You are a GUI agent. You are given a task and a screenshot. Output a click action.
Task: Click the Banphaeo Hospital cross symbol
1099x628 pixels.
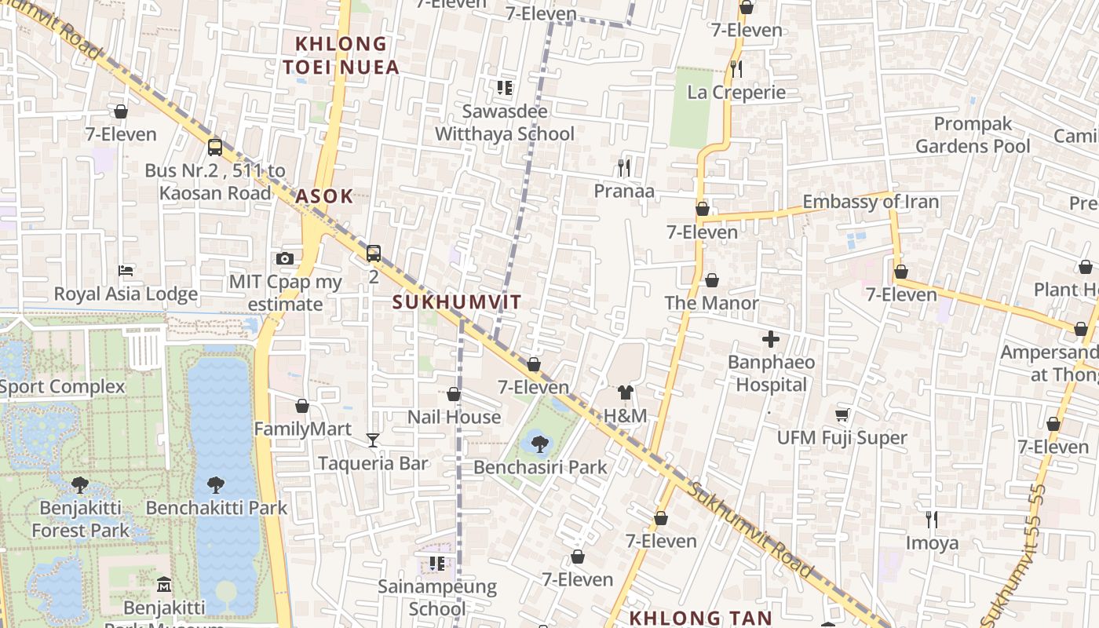tap(771, 339)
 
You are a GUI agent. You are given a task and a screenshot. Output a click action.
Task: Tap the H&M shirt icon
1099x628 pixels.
tap(625, 392)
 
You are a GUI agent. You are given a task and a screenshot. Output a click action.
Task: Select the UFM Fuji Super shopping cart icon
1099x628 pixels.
tap(842, 414)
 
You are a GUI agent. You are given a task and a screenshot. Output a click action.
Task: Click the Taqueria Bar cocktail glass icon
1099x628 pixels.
tap(373, 440)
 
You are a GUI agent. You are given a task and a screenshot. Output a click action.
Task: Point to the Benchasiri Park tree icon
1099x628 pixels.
tap(539, 444)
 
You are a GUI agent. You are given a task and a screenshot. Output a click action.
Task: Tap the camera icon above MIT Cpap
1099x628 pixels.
tap(285, 258)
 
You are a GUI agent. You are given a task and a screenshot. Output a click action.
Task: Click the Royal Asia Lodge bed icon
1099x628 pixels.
tap(126, 271)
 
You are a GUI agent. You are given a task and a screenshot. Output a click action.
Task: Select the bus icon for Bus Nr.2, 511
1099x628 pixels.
tap(214, 147)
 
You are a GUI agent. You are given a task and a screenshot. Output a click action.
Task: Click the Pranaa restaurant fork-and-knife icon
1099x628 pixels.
tap(624, 167)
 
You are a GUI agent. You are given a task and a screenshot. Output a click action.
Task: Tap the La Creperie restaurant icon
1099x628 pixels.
tap(736, 69)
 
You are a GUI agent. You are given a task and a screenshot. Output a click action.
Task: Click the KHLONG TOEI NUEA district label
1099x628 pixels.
tap(341, 55)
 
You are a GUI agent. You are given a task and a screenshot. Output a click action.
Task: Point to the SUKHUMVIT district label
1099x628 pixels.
tap(456, 302)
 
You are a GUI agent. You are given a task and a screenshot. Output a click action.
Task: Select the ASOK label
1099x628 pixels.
tap(324, 196)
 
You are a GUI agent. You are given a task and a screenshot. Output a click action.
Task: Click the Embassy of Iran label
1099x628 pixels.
tap(870, 202)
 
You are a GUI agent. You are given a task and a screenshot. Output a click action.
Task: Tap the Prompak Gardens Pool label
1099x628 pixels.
tap(973, 135)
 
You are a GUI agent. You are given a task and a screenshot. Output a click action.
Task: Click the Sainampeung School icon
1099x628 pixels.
tap(437, 564)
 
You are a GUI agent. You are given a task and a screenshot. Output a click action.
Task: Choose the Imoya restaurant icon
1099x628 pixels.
tap(932, 520)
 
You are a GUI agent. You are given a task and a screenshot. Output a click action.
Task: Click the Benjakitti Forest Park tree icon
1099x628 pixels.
tap(79, 484)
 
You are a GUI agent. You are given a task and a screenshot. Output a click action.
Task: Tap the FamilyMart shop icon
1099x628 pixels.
tap(302, 406)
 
